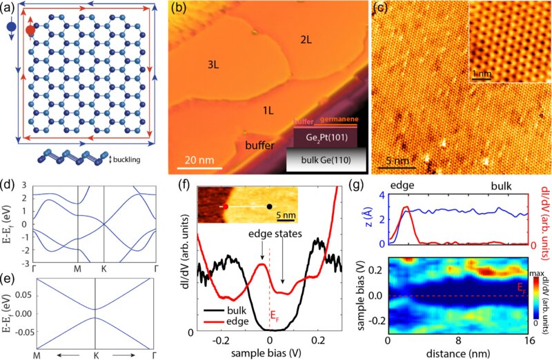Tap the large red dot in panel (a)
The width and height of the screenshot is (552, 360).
point(29,31)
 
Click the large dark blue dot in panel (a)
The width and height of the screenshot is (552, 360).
point(10,27)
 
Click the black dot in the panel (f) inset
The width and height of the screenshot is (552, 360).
point(269,206)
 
